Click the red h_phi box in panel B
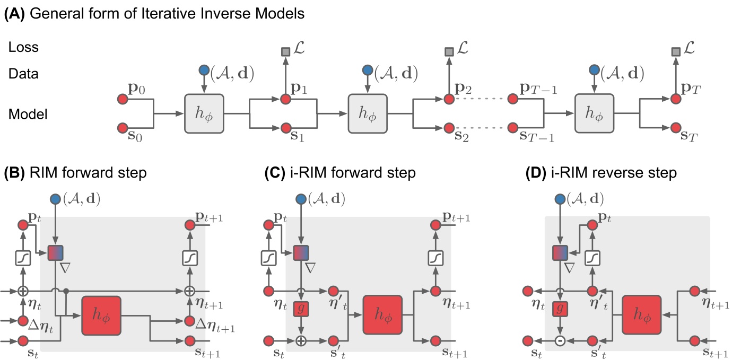coord(101,315)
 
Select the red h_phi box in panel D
coord(641,315)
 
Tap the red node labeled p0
coord(123,99)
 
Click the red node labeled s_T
coord(675,128)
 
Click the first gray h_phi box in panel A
coord(204,113)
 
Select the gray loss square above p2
coord(449,52)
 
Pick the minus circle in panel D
coord(558,340)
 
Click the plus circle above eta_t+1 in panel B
coord(189,291)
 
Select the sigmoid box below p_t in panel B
coord(22,258)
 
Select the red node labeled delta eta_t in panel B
coord(22,321)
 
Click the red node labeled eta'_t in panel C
coord(333,291)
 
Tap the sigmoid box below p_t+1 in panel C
coord(436,258)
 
